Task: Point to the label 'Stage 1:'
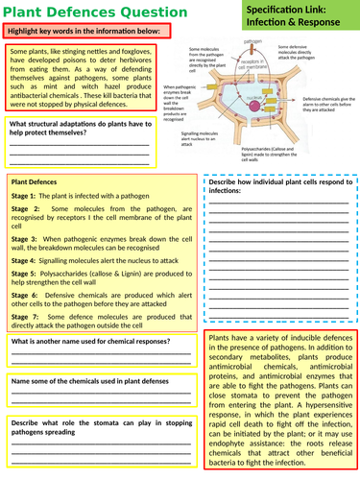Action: pyautogui.click(x=25, y=194)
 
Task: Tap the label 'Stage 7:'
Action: pyautogui.click(x=25, y=316)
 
